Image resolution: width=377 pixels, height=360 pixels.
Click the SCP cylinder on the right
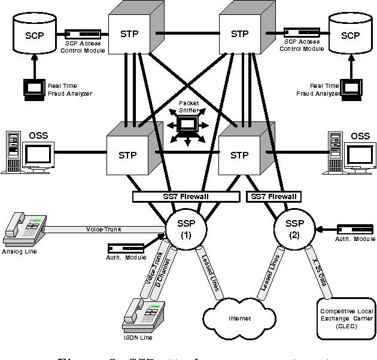350,34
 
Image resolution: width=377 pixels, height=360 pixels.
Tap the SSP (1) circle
185,228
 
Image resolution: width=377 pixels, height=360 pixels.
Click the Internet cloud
239,318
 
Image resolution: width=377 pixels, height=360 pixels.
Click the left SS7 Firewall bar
185,196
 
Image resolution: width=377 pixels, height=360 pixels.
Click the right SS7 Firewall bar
273,196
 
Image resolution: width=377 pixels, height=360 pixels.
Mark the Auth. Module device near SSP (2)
355,230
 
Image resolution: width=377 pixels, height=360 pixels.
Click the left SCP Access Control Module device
83,33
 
